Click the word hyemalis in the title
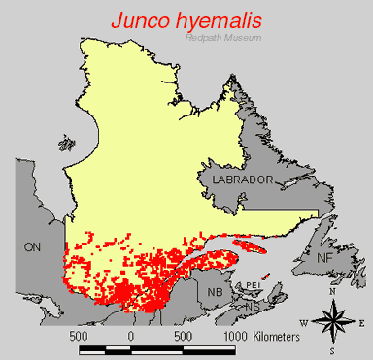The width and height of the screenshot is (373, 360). [x=229, y=19]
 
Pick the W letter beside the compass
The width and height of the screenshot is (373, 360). [x=304, y=321]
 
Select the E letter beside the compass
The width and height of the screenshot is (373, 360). [x=361, y=321]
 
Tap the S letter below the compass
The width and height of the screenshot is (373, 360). [x=332, y=350]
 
